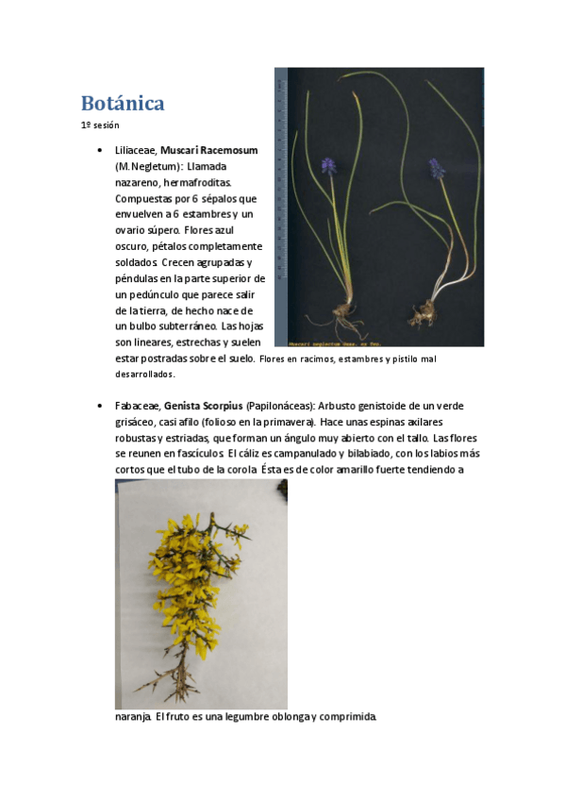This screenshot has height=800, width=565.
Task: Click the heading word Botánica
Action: point(123,103)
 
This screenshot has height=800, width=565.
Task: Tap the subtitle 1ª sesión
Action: point(100,125)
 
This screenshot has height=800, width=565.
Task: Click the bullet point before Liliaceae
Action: point(99,151)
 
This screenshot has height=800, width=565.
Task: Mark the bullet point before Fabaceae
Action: point(99,407)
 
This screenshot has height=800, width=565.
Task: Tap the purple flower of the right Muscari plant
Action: point(437,168)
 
